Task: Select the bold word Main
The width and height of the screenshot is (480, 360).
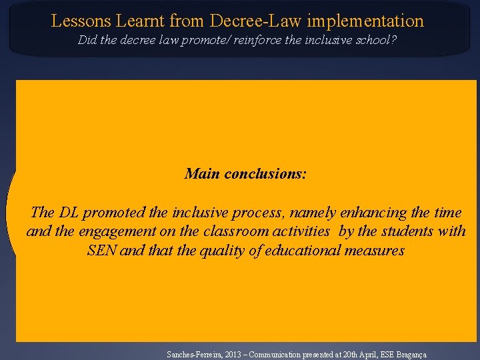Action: tap(202, 174)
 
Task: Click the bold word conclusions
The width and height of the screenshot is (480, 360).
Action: tap(266, 174)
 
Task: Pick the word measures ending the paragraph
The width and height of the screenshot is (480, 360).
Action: tap(378, 251)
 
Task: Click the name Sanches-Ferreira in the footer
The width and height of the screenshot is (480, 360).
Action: tap(191, 355)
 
